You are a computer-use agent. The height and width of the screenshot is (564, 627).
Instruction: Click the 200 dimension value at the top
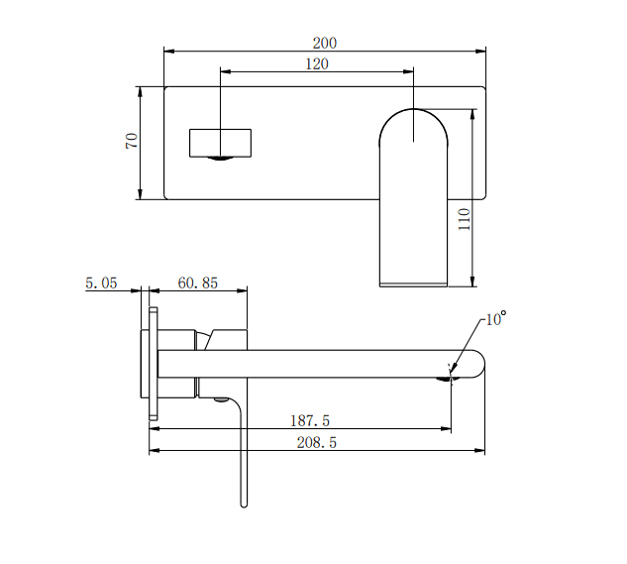(324, 43)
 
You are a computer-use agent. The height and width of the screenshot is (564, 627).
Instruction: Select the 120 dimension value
(316, 63)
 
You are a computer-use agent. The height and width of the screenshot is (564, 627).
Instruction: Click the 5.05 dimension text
(101, 282)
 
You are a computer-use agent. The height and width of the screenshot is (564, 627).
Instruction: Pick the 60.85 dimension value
(197, 282)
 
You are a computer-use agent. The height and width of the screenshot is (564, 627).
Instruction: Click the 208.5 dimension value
(317, 443)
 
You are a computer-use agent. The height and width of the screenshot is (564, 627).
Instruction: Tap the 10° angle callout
(495, 319)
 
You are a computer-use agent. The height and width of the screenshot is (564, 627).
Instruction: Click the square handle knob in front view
(220, 143)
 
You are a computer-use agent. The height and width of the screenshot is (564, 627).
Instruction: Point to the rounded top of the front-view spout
(413, 117)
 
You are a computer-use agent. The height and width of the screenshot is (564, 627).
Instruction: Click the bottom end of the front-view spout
(413, 283)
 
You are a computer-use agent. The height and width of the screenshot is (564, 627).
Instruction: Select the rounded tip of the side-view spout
(479, 364)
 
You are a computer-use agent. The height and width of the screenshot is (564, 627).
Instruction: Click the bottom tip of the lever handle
(243, 504)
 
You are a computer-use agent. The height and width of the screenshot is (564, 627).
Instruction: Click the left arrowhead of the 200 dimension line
(167, 51)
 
